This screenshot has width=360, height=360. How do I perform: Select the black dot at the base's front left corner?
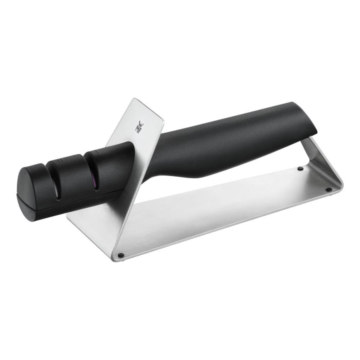[121, 255]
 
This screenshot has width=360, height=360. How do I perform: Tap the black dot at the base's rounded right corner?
[328, 190]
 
